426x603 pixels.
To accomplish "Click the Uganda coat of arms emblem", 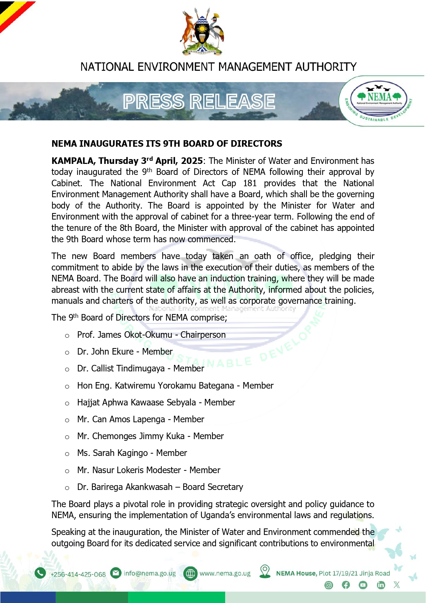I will click(202, 32).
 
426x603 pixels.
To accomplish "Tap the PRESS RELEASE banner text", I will click(199, 101).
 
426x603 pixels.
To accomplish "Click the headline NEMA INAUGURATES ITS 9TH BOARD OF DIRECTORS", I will click(167, 144).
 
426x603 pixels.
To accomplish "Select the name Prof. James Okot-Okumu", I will click(125, 335).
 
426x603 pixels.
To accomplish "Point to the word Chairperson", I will click(203, 335).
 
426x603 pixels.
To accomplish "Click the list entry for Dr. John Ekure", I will click(125, 351).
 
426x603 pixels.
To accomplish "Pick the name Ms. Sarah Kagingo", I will click(113, 453).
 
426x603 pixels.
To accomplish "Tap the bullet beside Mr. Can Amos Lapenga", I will click(67, 420).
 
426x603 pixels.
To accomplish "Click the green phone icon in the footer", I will click(40, 573).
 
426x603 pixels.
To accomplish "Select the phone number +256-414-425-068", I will click(78, 574).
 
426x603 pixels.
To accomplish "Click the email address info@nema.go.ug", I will click(150, 573).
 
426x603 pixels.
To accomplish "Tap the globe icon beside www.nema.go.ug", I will click(190, 573).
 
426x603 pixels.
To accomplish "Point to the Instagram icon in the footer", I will click(329, 585).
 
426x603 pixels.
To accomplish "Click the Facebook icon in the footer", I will click(346, 585).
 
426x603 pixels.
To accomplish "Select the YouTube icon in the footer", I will click(363, 585).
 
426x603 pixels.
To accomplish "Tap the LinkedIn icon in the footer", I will click(381, 585).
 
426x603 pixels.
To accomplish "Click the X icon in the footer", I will click(397, 585).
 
